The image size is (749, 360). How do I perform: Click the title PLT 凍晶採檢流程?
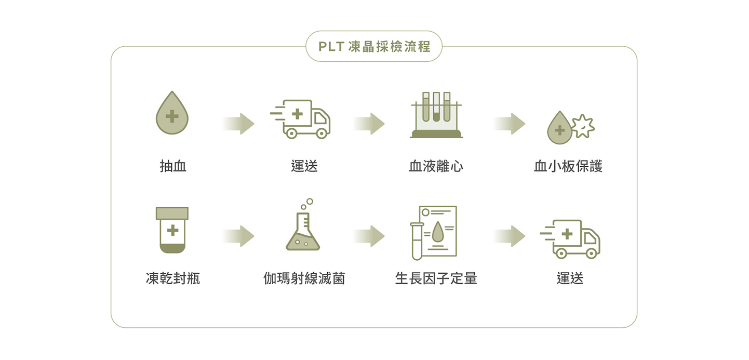(374, 47)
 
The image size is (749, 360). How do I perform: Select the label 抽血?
(173, 166)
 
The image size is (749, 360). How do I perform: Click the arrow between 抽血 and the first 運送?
(239, 124)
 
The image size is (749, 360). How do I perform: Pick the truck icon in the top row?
(301, 119)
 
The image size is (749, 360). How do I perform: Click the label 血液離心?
(436, 166)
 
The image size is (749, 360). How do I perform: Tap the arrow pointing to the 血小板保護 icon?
(510, 124)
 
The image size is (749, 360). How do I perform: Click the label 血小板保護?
(568, 166)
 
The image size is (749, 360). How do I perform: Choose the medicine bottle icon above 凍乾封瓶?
(172, 230)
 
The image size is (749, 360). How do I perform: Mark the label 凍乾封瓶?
(173, 279)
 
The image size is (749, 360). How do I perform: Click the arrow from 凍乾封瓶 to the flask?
(239, 236)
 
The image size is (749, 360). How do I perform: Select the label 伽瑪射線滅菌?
(304, 279)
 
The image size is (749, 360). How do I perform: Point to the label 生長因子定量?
(436, 279)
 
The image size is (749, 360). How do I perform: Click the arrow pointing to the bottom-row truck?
(510, 236)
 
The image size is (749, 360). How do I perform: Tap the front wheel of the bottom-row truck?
(591, 253)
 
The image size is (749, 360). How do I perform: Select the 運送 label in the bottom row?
(570, 279)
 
